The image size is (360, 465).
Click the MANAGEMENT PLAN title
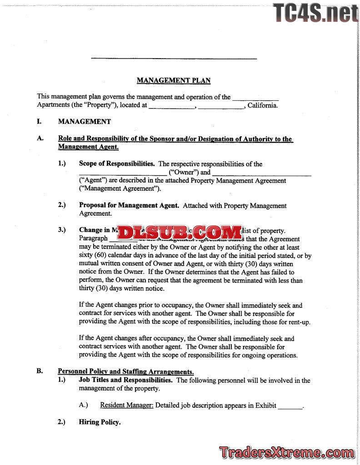coord(174,81)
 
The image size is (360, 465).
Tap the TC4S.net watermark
coord(315,13)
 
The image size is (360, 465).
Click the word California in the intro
coord(262,105)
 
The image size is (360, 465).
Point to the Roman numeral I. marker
coord(40,122)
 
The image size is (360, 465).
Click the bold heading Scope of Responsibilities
coord(117,164)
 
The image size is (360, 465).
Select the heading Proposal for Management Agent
coord(129,205)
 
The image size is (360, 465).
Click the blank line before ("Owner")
coord(123,173)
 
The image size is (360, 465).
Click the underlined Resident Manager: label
coord(127,405)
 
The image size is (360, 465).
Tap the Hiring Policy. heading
coord(100,422)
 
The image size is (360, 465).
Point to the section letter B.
coord(40,371)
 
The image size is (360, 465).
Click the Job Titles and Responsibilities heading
coord(125,380)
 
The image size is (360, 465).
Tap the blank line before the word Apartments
coord(255,99)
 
